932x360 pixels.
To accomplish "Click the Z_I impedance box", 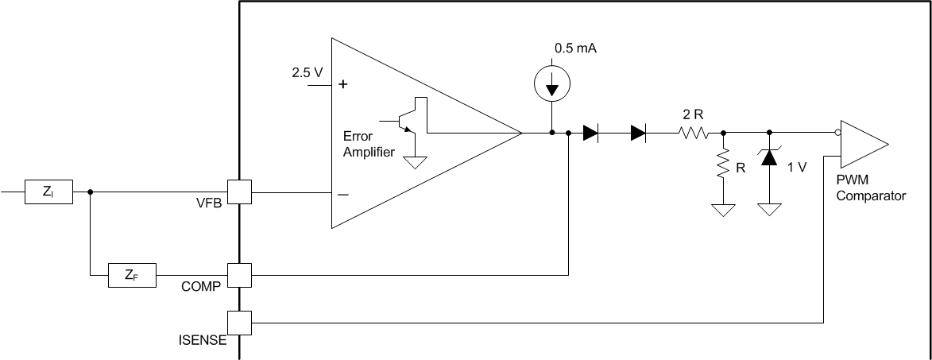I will tap(49, 192).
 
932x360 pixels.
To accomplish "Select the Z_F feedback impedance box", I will tap(132, 276).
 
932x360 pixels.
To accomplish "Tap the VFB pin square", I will tap(239, 192).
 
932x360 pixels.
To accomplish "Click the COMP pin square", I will tap(239, 276).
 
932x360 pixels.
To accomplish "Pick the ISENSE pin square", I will tap(239, 323).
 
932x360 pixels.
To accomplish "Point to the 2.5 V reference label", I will tap(307, 72).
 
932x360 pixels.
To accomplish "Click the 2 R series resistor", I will tap(692, 134).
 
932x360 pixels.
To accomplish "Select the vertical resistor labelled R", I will tap(722, 166).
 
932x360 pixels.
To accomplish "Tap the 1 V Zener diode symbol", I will tap(769, 157).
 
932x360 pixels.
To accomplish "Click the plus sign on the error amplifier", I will tap(344, 83).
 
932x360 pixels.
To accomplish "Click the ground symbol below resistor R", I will tap(722, 210).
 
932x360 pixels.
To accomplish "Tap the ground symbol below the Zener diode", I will tap(769, 210).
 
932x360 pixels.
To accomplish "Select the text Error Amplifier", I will tap(368, 144).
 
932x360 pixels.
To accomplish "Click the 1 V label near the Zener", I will tap(798, 168).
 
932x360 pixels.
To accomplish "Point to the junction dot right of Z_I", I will tap(90, 192).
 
